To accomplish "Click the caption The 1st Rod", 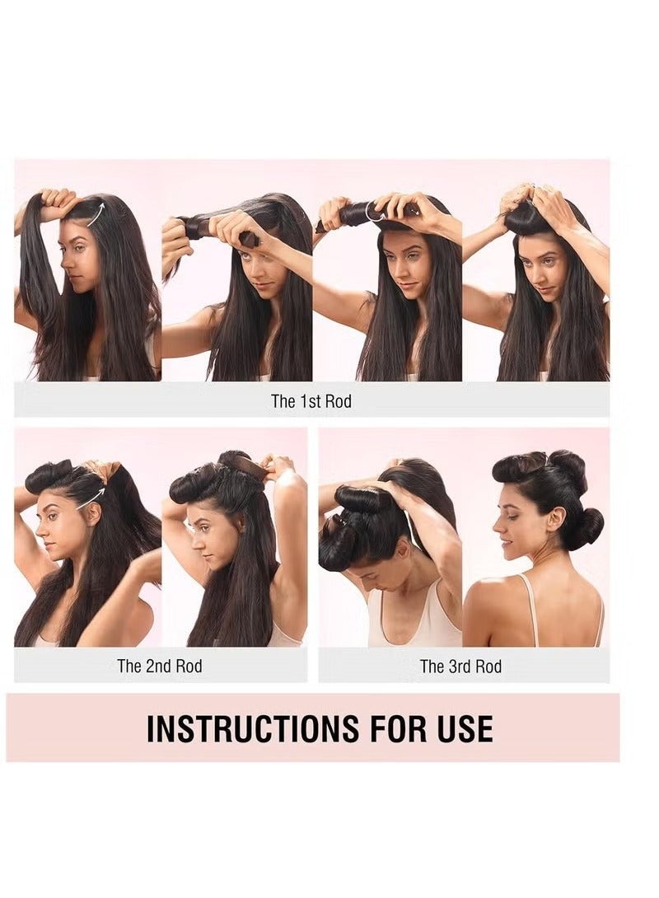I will tap(311, 401).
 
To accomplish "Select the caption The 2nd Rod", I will tap(159, 666).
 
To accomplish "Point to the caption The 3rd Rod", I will tap(460, 666).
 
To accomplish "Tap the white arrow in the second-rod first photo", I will tap(92, 498).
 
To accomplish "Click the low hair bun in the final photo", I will tap(587, 527).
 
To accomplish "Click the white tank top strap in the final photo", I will tap(528, 606).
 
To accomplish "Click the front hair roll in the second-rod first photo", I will tap(49, 475).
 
